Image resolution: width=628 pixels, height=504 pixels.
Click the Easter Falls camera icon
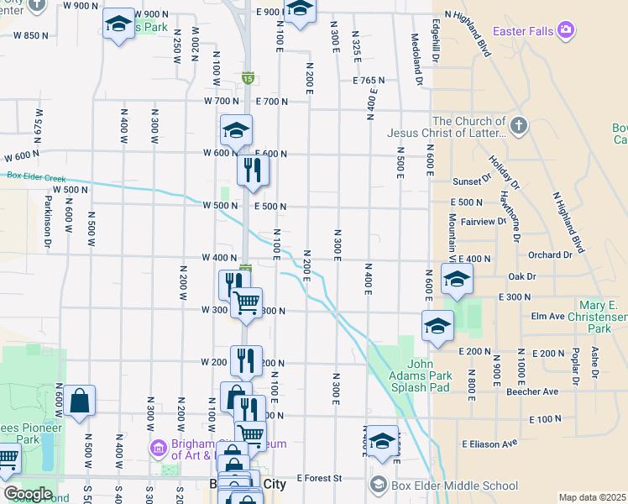pyautogui.click(x=566, y=31)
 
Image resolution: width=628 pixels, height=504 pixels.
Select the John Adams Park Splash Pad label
pyautogui.click(x=419, y=375)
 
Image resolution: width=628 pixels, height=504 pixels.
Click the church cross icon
pyautogui.click(x=519, y=126)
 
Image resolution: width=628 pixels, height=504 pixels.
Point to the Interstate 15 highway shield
pyautogui.click(x=248, y=77)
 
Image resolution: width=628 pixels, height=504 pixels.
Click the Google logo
pyautogui.click(x=27, y=493)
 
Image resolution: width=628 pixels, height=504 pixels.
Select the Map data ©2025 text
pyautogui.click(x=592, y=497)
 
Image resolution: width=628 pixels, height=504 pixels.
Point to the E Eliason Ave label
pyautogui.click(x=486, y=444)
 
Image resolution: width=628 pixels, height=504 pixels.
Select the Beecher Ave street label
pyautogui.click(x=531, y=391)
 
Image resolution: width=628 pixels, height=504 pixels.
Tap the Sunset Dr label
pyautogui.click(x=471, y=181)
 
